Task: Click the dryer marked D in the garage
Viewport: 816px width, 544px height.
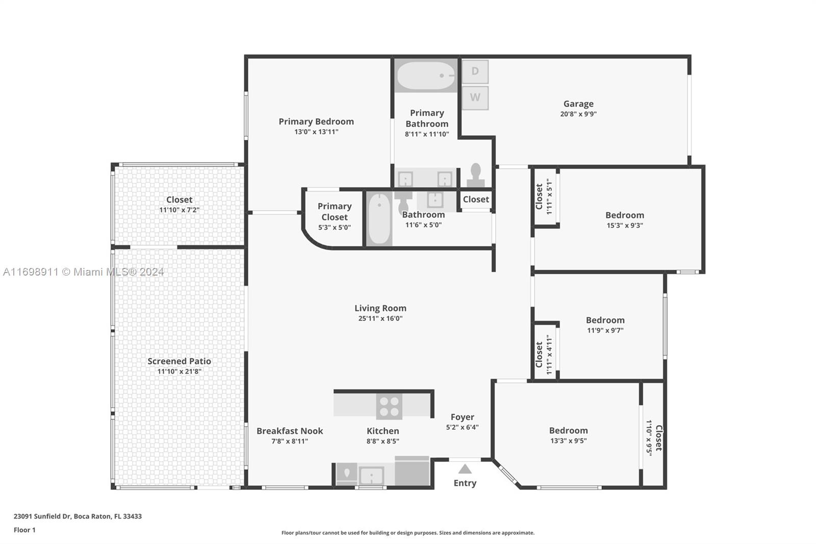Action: point(475,71)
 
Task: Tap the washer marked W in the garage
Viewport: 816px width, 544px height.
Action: point(475,97)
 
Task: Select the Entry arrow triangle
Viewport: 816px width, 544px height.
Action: point(465,469)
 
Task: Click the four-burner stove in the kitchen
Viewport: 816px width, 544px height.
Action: point(389,407)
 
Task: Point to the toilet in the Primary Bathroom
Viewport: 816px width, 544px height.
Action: point(476,176)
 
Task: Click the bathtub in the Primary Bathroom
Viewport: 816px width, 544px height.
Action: point(426,76)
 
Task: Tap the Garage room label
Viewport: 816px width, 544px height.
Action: point(578,104)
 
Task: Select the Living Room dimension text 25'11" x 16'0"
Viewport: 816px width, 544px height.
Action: point(380,318)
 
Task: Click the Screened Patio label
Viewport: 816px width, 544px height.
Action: point(179,361)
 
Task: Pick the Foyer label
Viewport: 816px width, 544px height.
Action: point(462,417)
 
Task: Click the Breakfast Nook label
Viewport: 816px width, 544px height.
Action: point(290,431)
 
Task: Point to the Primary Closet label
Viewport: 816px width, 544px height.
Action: point(335,211)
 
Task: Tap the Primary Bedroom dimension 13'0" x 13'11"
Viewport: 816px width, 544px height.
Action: point(316,132)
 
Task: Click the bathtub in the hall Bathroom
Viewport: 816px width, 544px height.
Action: point(379,219)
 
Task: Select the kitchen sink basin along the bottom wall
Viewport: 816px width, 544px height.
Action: point(371,476)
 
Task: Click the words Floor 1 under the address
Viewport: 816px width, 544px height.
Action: point(24,530)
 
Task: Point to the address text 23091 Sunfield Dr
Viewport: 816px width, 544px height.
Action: point(43,516)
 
